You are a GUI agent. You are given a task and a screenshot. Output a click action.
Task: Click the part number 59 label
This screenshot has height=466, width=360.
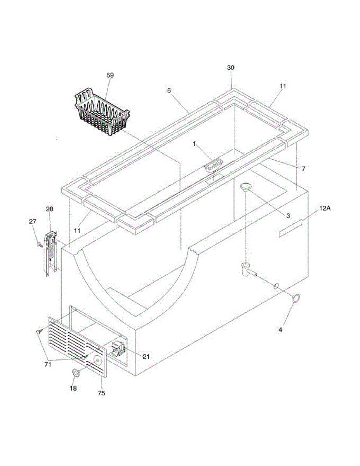coord(110,75)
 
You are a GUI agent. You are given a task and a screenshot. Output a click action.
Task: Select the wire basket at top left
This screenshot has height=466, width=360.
coord(102,109)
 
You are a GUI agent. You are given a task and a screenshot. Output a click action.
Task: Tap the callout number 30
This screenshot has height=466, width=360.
coord(231,68)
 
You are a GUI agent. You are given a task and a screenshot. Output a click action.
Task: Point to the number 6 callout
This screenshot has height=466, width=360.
coord(169,90)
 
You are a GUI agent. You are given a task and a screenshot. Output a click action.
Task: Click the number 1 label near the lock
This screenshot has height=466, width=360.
coord(194,144)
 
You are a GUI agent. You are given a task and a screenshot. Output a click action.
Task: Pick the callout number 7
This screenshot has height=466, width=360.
coord(303,169)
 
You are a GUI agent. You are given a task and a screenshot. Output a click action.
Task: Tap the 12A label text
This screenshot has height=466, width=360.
coord(325,209)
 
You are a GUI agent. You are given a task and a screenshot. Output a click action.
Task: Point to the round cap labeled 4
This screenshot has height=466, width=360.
coord(296,298)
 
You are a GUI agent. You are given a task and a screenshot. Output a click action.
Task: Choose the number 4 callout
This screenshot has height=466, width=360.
coord(280,330)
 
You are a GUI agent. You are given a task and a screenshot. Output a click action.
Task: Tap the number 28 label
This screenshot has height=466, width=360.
coord(50,209)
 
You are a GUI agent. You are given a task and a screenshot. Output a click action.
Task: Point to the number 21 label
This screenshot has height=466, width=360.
coord(146,356)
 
